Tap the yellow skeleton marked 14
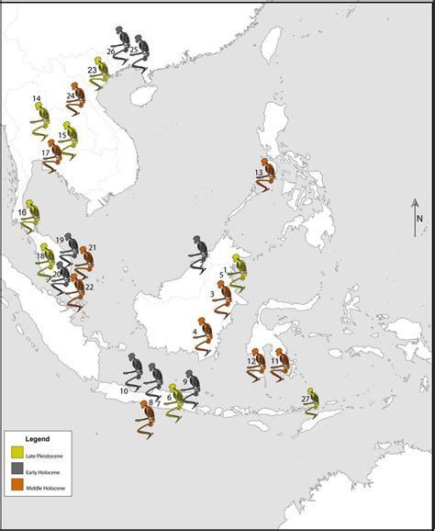(39, 114)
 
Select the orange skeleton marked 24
(80, 99)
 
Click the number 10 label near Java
(124, 391)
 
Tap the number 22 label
(89, 288)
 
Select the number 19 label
(60, 240)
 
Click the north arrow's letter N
(418, 219)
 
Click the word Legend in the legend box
(36, 438)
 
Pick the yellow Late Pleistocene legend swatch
(17, 451)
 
